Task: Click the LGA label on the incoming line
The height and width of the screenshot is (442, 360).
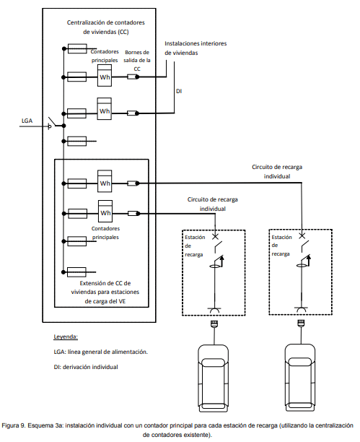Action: (x=27, y=121)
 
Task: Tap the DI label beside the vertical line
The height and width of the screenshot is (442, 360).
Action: (x=179, y=91)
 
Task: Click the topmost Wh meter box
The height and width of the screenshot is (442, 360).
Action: (x=104, y=75)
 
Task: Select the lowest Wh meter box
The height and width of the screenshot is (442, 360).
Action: (x=105, y=211)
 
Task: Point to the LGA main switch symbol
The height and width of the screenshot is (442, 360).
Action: (x=53, y=123)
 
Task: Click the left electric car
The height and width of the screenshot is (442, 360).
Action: (x=214, y=378)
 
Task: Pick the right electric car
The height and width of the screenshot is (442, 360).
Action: (x=300, y=378)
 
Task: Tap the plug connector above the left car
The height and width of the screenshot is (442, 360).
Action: (x=214, y=324)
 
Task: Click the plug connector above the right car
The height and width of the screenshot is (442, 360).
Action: (x=301, y=323)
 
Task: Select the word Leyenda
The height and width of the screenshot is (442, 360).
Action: (x=66, y=337)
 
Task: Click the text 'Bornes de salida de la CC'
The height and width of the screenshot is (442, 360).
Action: (x=137, y=61)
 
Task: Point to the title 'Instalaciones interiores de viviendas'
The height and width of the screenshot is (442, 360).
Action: (x=196, y=48)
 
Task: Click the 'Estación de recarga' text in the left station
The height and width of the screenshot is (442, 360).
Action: (x=195, y=246)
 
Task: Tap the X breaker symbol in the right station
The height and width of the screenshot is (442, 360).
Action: (x=302, y=235)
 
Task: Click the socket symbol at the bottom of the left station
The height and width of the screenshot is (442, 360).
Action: (x=214, y=310)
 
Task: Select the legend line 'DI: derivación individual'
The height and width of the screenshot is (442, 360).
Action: (x=86, y=367)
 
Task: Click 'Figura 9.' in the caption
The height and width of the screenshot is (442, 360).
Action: (x=13, y=425)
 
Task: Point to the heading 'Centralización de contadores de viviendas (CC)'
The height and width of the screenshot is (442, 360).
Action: (x=105, y=27)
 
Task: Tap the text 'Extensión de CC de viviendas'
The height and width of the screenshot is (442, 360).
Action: (x=105, y=287)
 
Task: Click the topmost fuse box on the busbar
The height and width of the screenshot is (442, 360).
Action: (x=77, y=48)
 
